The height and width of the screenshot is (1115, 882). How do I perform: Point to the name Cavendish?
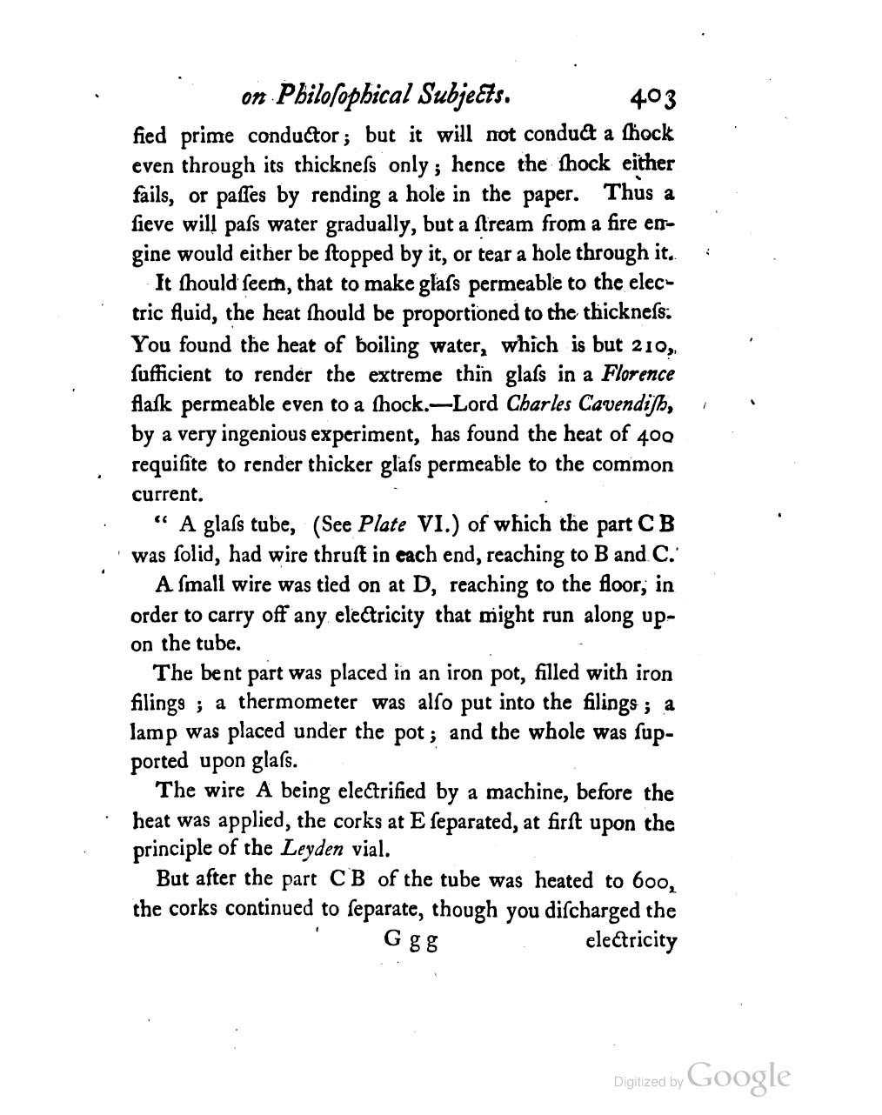point(633,404)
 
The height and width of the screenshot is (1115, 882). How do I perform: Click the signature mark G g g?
point(410,942)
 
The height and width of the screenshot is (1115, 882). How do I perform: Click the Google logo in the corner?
point(738,1077)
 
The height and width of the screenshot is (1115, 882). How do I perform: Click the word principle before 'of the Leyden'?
point(170,850)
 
